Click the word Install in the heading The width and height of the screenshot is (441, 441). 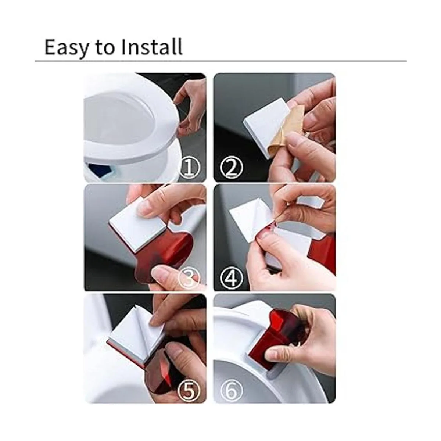point(152,46)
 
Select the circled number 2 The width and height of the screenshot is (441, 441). point(231,167)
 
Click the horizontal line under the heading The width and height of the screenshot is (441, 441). point(220,61)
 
